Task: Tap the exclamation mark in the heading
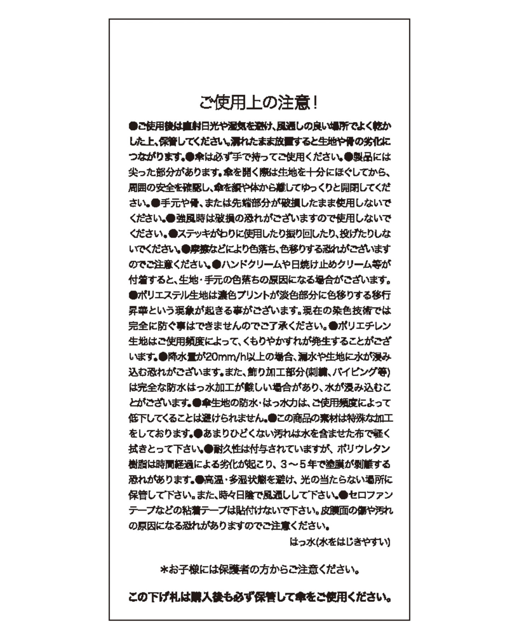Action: (315, 103)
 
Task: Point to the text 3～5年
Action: (296, 464)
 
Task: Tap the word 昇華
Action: (136, 310)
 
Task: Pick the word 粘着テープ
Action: (203, 510)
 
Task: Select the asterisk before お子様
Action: (164, 570)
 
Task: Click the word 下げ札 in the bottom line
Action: (162, 598)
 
